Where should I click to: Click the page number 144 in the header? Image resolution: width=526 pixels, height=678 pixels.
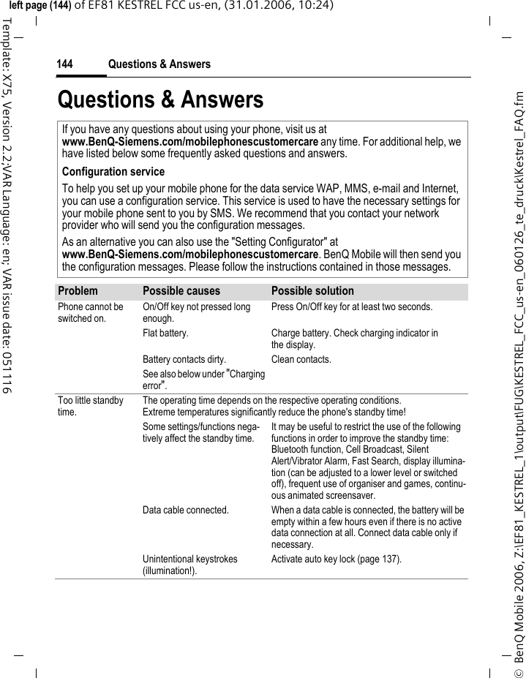[x=64, y=64]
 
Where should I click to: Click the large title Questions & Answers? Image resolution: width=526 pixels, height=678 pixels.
[x=160, y=99]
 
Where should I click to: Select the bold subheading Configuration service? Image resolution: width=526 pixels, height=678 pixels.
[x=113, y=172]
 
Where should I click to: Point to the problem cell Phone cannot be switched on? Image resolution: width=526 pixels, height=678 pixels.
[x=90, y=312]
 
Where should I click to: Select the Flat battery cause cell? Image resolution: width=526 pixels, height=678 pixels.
[x=165, y=334]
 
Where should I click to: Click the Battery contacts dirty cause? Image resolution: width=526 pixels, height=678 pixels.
[x=184, y=359]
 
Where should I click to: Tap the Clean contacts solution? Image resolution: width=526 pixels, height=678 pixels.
[x=301, y=359]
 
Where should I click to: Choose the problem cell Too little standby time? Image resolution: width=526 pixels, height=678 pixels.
[x=90, y=406]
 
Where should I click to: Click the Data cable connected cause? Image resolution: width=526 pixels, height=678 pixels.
[x=185, y=510]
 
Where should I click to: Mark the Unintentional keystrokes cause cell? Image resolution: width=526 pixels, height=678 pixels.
[x=189, y=565]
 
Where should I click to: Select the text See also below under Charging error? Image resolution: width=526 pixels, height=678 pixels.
[x=203, y=380]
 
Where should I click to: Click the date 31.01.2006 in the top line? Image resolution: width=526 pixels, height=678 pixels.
[x=252, y=7]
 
